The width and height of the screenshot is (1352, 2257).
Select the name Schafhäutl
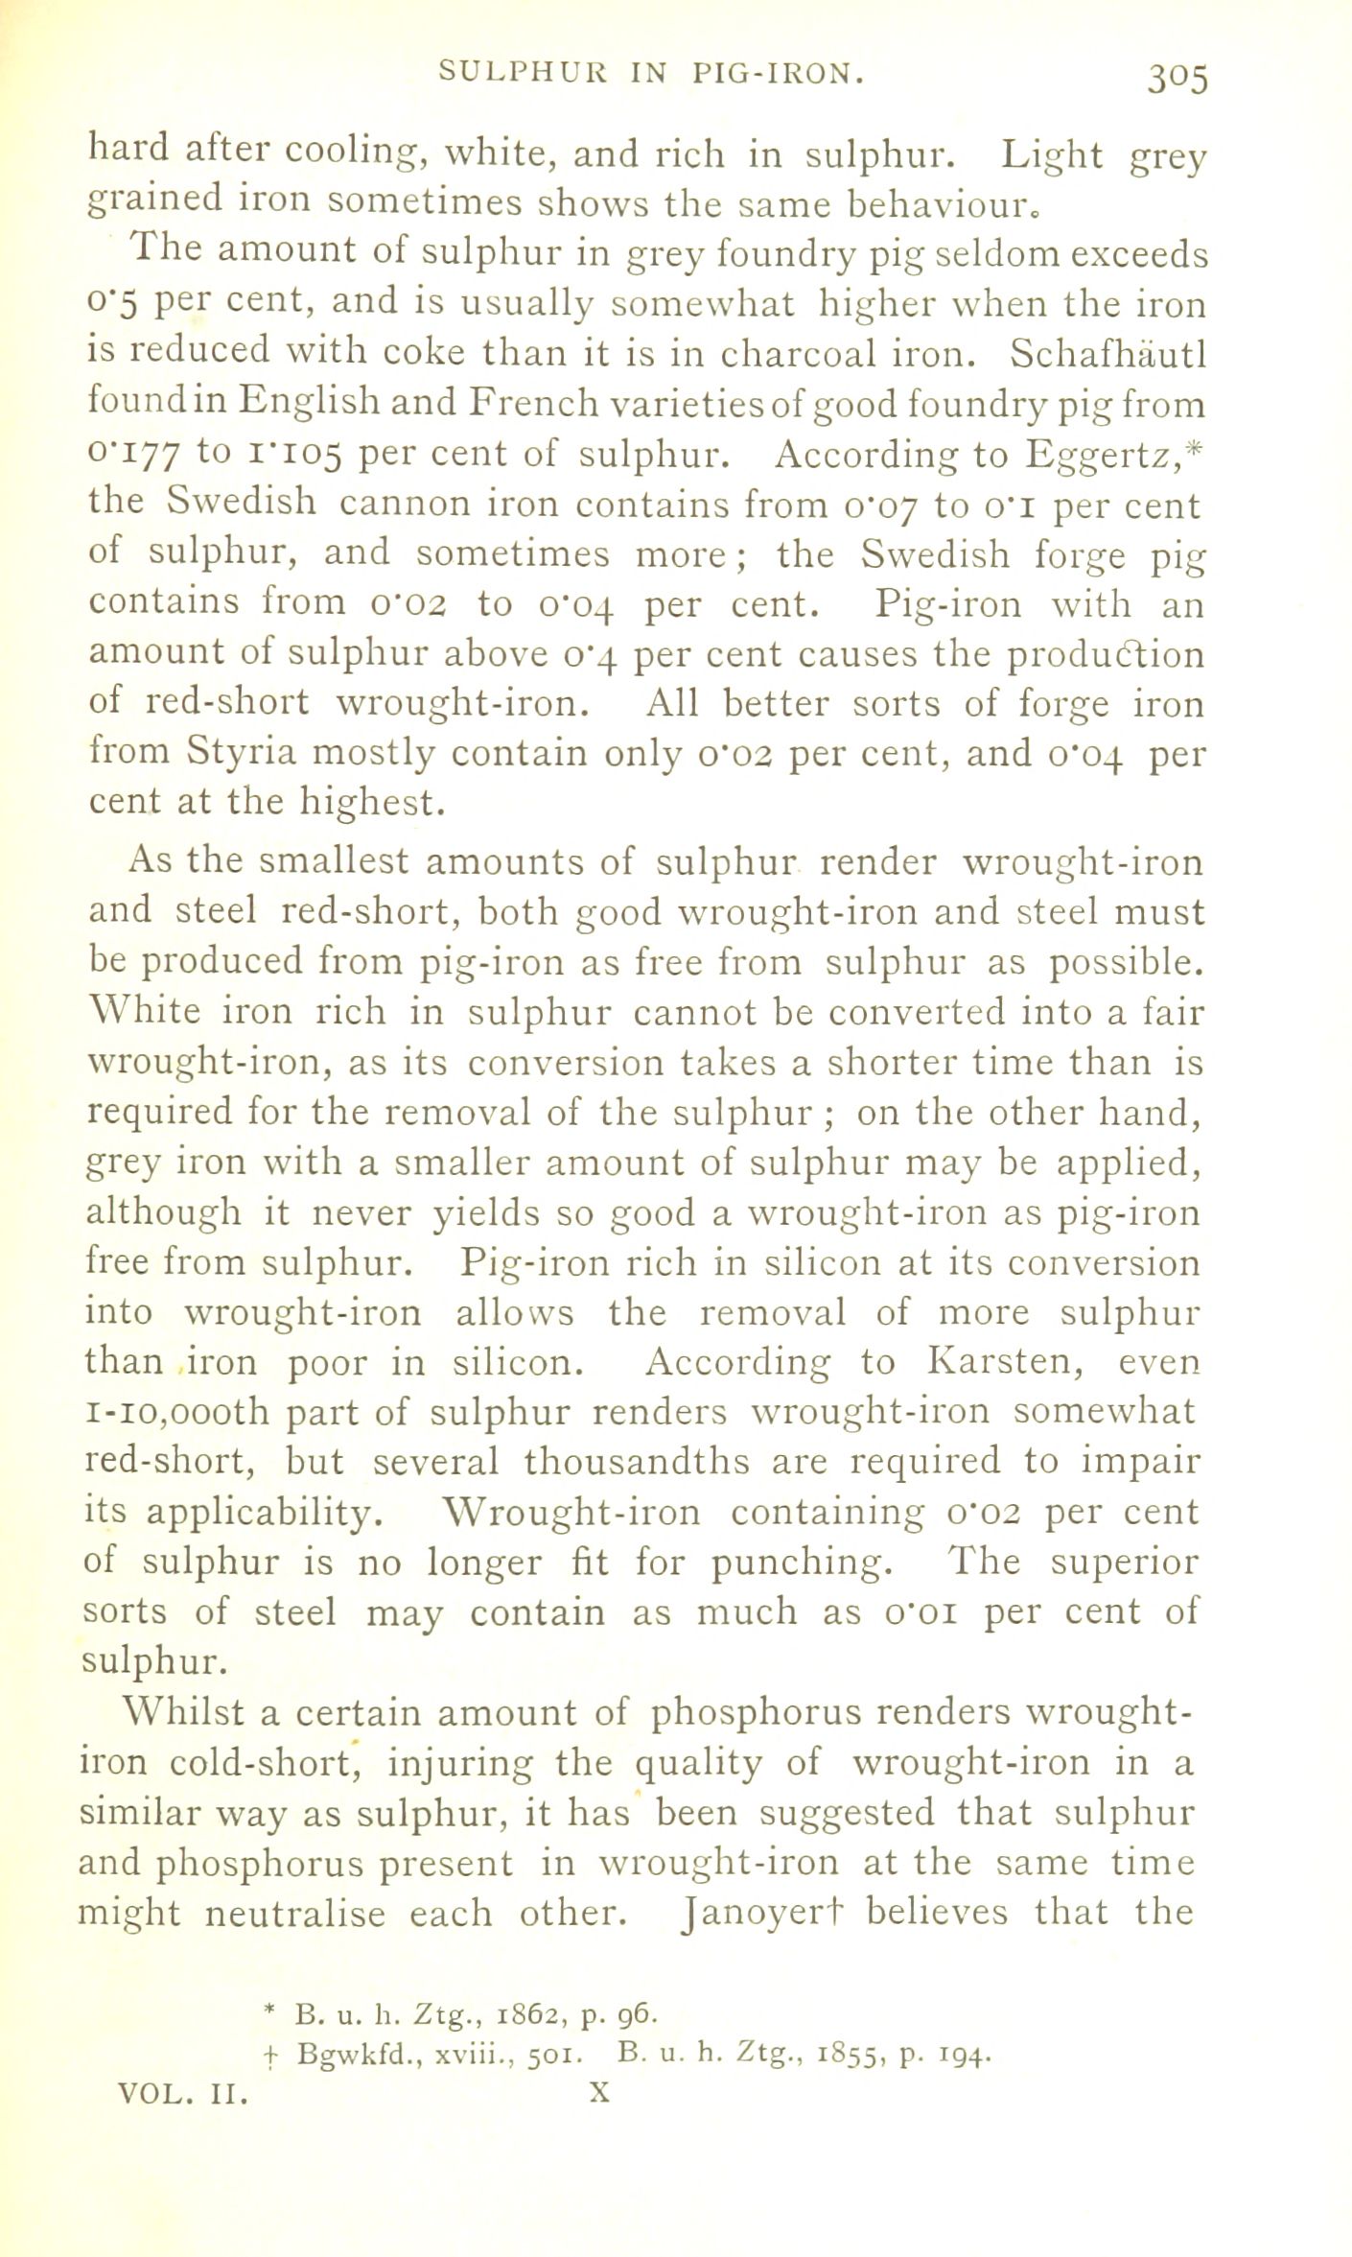1107,355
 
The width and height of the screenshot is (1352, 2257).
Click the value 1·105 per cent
293,456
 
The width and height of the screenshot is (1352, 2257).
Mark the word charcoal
794,355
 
